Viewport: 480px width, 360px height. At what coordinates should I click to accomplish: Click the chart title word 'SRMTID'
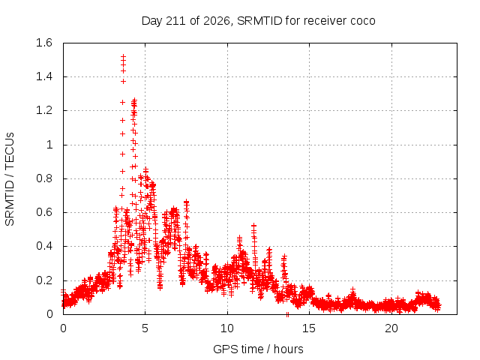[259, 21]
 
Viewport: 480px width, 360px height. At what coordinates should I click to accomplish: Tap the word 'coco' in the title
[363, 22]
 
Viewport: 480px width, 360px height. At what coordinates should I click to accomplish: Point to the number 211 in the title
[175, 21]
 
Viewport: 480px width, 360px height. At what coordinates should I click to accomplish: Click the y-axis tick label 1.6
[44, 43]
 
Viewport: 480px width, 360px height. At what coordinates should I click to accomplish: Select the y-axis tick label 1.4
[44, 76]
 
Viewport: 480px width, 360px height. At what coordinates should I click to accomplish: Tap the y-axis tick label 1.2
[44, 110]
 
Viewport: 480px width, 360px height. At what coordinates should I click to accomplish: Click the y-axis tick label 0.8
[44, 178]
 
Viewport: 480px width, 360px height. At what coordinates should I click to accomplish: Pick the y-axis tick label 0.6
[44, 212]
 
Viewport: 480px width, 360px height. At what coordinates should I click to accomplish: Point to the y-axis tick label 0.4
[44, 246]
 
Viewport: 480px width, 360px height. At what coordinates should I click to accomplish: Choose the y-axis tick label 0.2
[44, 280]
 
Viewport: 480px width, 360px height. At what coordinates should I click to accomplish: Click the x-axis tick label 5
[145, 328]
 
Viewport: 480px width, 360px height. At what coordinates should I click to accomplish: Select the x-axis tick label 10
[227, 328]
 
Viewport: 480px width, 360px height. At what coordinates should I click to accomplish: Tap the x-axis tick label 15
[309, 328]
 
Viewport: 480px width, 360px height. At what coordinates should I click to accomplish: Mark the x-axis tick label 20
[391, 328]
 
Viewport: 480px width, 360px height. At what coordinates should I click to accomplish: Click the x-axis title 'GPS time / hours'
[258, 349]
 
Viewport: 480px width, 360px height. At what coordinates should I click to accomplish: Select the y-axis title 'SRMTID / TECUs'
[10, 179]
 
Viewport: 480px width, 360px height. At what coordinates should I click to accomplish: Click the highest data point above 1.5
[123, 57]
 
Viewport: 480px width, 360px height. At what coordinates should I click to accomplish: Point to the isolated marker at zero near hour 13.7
[287, 314]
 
